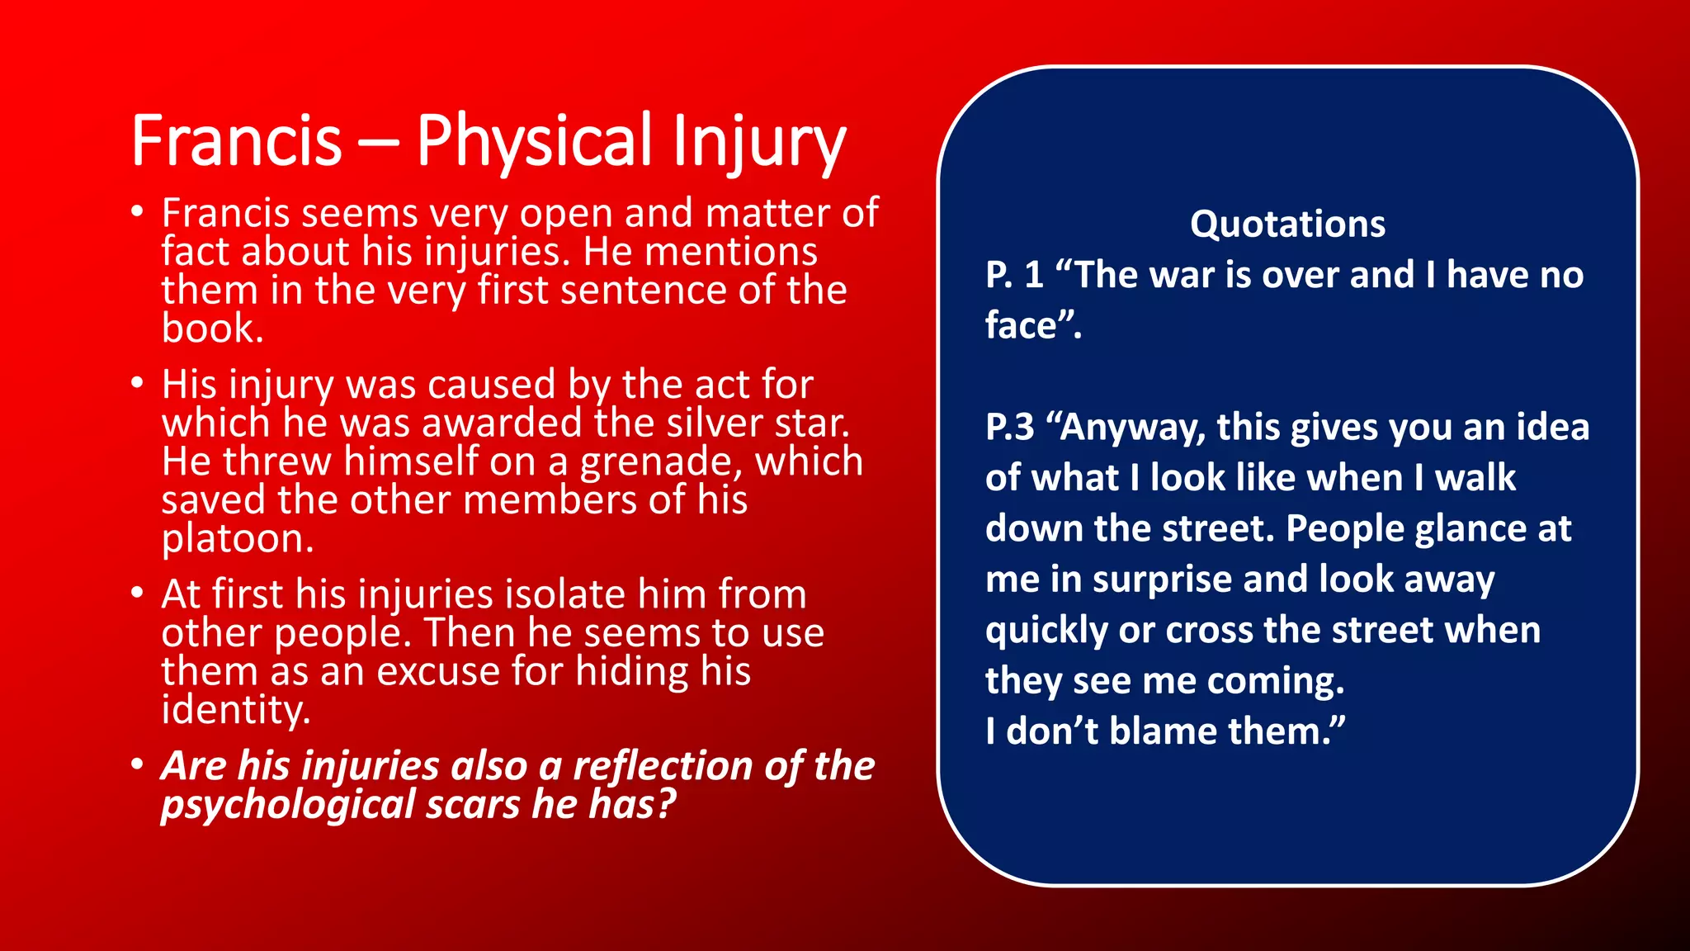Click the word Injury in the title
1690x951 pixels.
coord(758,142)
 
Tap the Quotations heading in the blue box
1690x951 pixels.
coord(1287,225)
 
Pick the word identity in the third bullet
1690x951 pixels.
coord(235,710)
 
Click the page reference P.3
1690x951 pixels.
coord(1009,428)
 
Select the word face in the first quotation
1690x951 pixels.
coord(1021,325)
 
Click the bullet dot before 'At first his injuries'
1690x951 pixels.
coord(138,594)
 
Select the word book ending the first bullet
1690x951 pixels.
coord(211,329)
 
